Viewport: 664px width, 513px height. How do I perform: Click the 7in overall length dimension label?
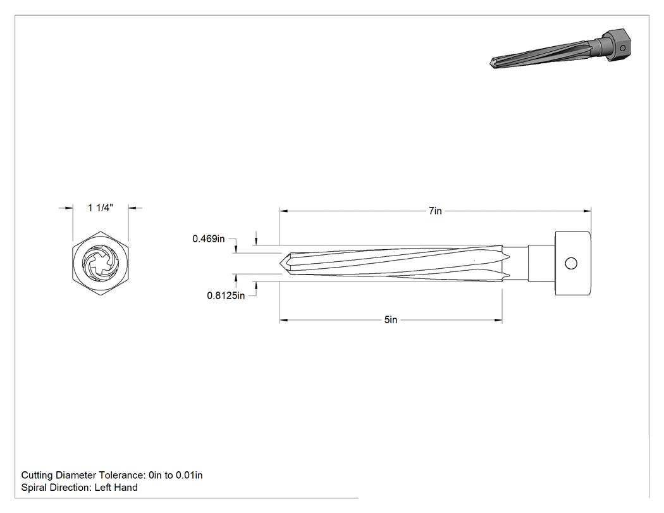pyautogui.click(x=435, y=211)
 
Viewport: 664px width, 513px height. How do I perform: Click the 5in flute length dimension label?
pyautogui.click(x=391, y=320)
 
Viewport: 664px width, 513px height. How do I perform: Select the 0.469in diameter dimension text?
pyautogui.click(x=208, y=238)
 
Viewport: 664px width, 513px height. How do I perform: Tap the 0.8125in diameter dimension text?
pyautogui.click(x=226, y=295)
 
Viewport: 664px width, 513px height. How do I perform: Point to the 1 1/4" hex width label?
pyautogui.click(x=101, y=207)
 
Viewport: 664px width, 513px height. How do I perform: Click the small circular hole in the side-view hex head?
pyautogui.click(x=571, y=264)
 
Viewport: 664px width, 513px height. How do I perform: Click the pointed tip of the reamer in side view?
pyautogui.click(x=280, y=263)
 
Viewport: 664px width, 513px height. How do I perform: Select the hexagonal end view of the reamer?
pyautogui.click(x=101, y=263)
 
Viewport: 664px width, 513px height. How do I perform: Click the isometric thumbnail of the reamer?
pyautogui.click(x=560, y=48)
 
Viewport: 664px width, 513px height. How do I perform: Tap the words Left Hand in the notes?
pyautogui.click(x=116, y=488)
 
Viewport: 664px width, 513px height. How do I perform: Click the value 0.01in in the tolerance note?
pyautogui.click(x=189, y=475)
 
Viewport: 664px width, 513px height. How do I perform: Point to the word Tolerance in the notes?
pyautogui.click(x=121, y=475)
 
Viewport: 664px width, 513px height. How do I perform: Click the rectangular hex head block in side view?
pyautogui.click(x=572, y=264)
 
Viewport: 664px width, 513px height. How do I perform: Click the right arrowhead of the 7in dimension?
pyautogui.click(x=587, y=211)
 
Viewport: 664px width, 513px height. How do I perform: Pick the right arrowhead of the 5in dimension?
pyautogui.click(x=498, y=320)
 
